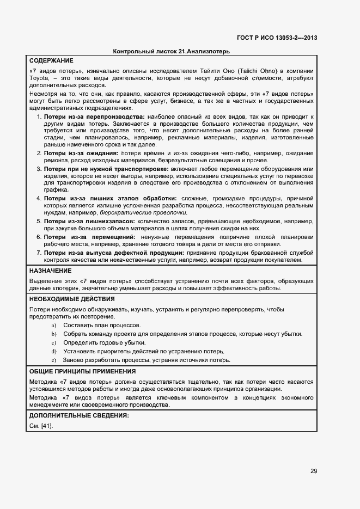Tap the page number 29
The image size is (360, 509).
point(314,471)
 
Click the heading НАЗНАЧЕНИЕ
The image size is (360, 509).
point(50,271)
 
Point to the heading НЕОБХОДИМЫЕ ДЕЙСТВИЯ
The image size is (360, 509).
point(71,299)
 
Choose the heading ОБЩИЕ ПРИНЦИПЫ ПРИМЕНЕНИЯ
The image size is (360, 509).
point(82,371)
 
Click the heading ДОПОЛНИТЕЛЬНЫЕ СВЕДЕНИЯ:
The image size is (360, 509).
point(78,415)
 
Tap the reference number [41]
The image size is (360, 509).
point(46,426)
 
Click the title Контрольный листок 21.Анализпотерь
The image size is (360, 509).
point(171,51)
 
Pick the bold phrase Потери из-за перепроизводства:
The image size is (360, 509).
point(94,117)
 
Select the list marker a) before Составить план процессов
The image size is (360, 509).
point(54,325)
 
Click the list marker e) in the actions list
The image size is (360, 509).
point(54,360)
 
